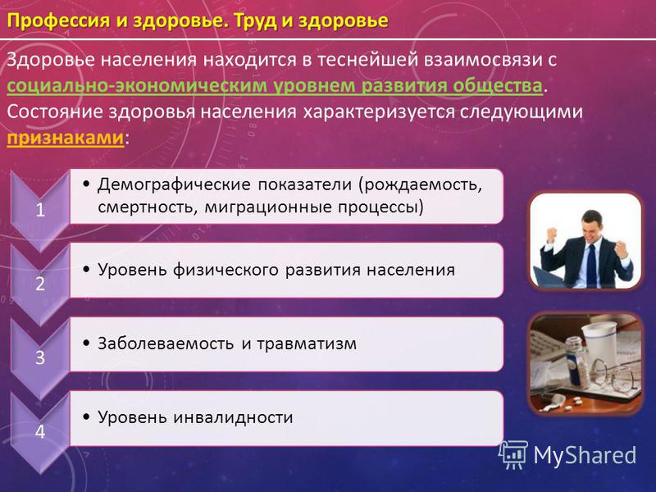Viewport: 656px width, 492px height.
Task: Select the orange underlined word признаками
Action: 66,138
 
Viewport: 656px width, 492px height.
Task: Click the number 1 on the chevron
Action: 40,210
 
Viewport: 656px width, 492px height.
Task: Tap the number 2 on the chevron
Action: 40,284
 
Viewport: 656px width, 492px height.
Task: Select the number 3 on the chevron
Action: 40,358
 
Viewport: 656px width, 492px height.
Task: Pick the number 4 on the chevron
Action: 40,432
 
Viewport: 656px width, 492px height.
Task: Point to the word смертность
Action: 147,207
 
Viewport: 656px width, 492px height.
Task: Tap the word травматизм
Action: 307,344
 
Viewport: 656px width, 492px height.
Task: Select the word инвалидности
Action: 233,417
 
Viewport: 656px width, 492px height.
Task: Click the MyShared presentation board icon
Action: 513,455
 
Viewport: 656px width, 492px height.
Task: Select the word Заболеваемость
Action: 166,344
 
